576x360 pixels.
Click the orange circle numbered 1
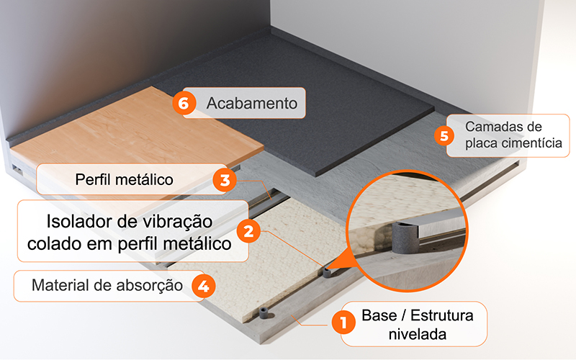click(343, 323)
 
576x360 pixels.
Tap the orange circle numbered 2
click(248, 231)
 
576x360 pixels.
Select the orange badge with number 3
click(225, 179)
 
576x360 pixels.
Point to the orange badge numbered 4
click(204, 286)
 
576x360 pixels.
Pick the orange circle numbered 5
click(444, 135)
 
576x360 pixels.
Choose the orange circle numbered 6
click(184, 103)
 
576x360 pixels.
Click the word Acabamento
click(251, 103)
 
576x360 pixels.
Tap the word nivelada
click(418, 334)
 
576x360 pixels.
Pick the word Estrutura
click(441, 315)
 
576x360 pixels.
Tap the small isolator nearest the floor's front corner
click(264, 313)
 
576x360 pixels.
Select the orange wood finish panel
click(136, 127)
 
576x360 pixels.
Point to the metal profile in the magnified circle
click(441, 223)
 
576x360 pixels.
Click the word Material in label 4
click(58, 285)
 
